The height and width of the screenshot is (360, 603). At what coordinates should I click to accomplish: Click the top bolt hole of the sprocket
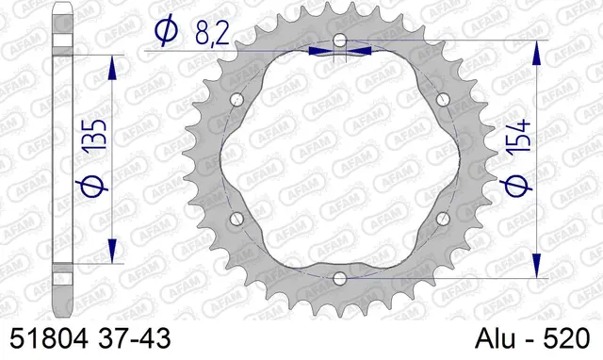coord(339,41)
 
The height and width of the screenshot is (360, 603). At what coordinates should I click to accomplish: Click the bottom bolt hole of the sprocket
coord(339,277)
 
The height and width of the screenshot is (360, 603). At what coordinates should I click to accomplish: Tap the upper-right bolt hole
coord(442,100)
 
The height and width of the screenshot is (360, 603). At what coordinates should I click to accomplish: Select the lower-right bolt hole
coord(442,219)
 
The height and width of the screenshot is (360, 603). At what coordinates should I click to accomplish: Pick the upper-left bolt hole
coord(236,100)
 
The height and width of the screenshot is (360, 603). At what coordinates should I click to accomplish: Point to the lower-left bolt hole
coord(236,219)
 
